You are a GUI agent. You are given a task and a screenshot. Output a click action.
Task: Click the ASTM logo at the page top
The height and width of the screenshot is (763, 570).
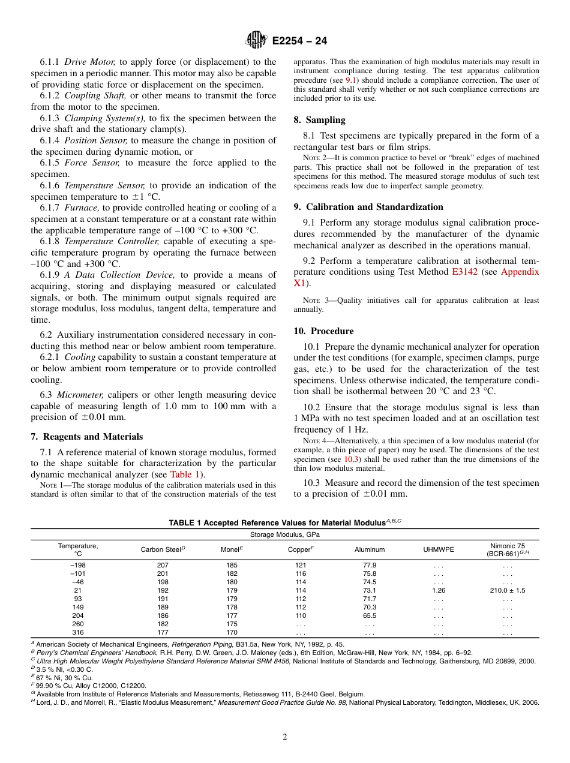pos(256,40)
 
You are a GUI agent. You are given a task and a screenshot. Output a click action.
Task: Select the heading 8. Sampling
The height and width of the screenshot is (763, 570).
pos(319,120)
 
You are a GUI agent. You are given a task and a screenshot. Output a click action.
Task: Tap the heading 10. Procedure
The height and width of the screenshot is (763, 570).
pos(323,331)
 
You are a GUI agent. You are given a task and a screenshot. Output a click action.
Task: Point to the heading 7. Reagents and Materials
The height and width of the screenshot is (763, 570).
pos(87,437)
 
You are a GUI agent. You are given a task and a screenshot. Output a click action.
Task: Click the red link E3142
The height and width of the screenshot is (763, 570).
pos(466,272)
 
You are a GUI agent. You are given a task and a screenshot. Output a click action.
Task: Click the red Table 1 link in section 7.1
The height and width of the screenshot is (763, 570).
pos(185,474)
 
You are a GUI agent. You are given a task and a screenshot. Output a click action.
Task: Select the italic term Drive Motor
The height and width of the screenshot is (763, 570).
pos(89,62)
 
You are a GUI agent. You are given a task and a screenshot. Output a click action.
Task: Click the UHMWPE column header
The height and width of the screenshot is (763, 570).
pos(439,549)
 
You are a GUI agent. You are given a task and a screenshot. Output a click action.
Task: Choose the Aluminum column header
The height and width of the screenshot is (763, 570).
pos(370,549)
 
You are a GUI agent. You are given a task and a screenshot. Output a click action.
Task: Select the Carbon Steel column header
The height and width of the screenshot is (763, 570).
pos(163,549)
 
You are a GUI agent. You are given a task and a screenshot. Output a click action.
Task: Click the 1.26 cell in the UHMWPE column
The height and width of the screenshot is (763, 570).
pos(439,590)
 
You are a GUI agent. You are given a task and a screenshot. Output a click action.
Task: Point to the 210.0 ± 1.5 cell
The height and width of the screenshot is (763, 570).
pos(507,590)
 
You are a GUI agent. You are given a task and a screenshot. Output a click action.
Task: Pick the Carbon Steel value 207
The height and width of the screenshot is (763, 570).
pos(163,565)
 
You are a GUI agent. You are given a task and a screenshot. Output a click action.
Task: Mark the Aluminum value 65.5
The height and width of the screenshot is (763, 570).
pos(370,615)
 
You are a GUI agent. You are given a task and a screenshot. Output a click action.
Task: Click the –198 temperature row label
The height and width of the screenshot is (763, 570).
pos(77,565)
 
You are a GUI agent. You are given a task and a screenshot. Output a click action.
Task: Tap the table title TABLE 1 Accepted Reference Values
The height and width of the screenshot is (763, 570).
pos(284,522)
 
